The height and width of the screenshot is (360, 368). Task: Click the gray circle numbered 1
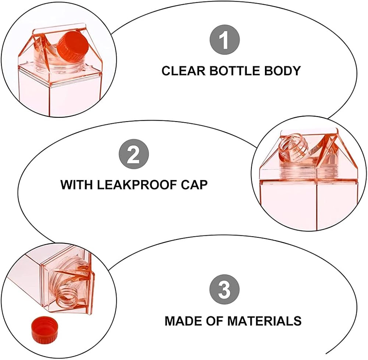tap(224, 39)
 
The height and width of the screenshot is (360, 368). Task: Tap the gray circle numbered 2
tap(134, 154)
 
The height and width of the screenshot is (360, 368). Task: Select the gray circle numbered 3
tap(224, 290)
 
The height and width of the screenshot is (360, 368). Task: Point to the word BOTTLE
tap(235, 71)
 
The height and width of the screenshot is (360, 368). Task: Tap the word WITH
tap(77, 185)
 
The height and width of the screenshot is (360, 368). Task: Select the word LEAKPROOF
tap(137, 185)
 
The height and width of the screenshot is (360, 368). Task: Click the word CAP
tap(194, 185)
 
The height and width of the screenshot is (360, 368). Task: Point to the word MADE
tap(183, 321)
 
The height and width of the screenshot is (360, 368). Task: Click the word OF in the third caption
tap(215, 321)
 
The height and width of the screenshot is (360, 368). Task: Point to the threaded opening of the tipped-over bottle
tap(68, 297)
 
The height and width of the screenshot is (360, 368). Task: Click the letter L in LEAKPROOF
tap(101, 185)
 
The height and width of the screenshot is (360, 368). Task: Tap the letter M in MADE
tap(170, 321)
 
